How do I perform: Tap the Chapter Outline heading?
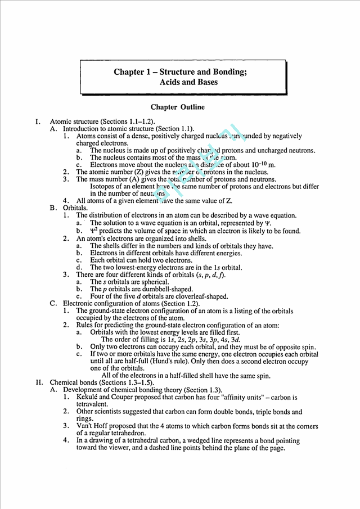click(177, 107)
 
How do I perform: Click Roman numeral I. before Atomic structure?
click(38, 121)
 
